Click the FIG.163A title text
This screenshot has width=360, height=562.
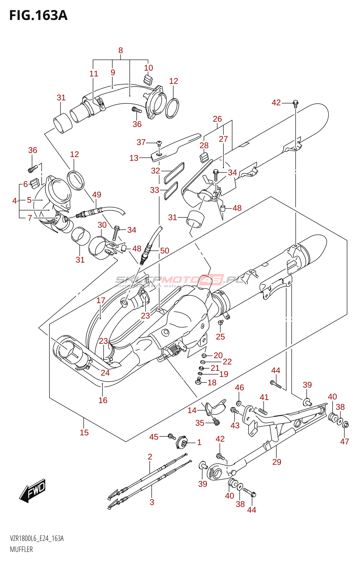point(38,15)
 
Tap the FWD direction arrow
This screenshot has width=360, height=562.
point(33,490)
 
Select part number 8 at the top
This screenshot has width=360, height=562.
point(121,50)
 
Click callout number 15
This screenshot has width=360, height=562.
point(84,432)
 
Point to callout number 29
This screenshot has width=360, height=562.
point(277,462)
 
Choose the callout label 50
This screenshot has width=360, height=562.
point(165,250)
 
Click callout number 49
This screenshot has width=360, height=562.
point(97,195)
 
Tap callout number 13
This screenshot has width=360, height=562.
point(134,158)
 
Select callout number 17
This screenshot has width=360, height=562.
point(101,300)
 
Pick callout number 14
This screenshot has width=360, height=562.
point(192,410)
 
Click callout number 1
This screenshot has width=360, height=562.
point(199,442)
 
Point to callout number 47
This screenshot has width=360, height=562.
point(345,442)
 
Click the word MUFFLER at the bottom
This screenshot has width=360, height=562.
point(21,549)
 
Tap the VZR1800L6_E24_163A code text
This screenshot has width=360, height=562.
point(37,538)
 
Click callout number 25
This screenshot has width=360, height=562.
point(220,336)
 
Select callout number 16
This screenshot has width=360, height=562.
point(103,400)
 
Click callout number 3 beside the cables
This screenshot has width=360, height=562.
point(152,502)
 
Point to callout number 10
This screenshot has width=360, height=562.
point(148,68)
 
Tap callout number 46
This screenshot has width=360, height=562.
point(239,387)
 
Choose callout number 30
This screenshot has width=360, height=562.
point(102,225)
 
